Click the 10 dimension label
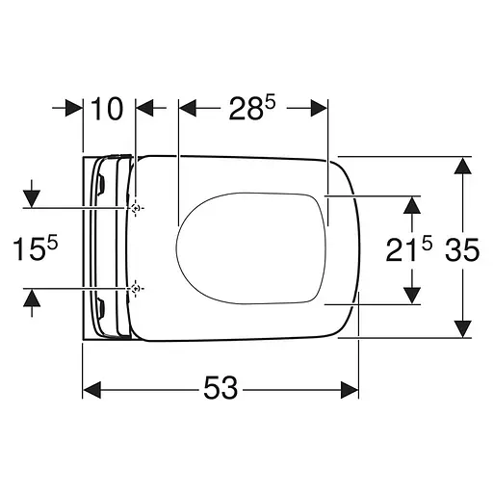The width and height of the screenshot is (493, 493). click(x=110, y=109)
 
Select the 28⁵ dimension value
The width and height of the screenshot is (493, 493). click(x=253, y=109)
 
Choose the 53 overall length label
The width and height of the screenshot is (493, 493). click(x=221, y=390)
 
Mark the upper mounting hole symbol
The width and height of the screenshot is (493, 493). click(x=137, y=208)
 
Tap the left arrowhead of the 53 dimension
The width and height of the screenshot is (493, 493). click(x=92, y=390)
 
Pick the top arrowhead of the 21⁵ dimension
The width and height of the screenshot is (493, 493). click(x=412, y=204)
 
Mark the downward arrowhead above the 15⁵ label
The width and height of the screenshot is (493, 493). click(x=32, y=196)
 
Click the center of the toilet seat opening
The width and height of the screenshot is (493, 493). click(x=252, y=248)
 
